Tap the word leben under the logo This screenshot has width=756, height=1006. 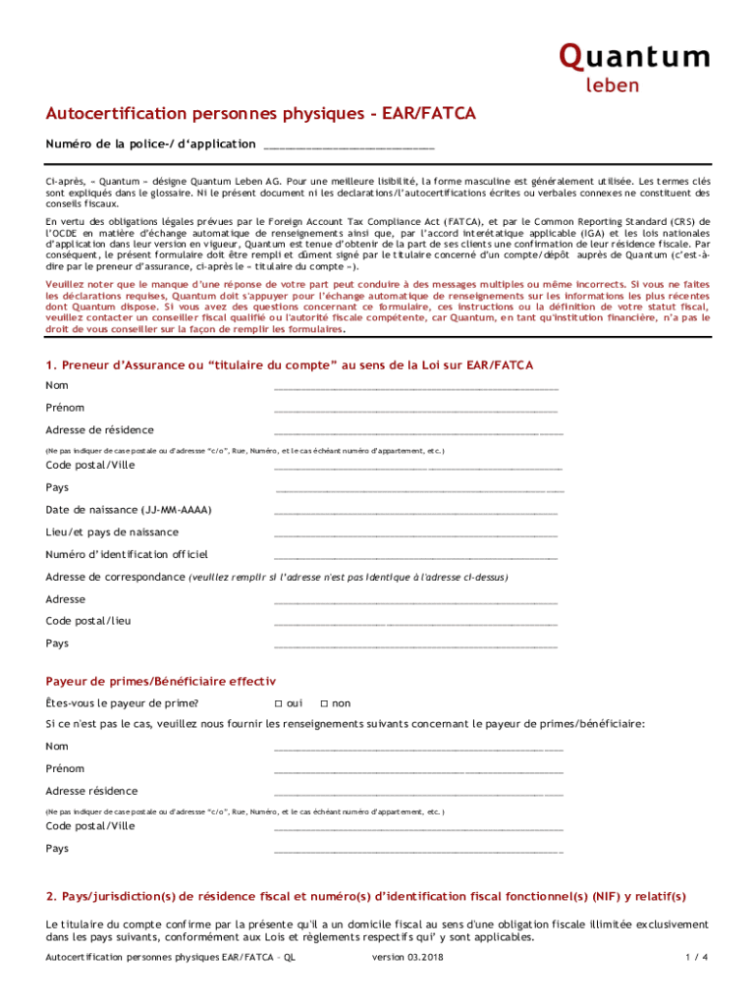click(612, 85)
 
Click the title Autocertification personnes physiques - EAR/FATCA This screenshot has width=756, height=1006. click(260, 115)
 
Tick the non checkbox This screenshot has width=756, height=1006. click(324, 703)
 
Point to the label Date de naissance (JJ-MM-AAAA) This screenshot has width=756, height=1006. click(129, 510)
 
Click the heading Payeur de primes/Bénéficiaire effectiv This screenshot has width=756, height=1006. click(161, 681)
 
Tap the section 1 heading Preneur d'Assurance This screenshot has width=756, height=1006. click(290, 338)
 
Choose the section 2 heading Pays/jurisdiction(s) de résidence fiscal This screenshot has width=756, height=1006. click(366, 896)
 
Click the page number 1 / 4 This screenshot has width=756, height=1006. click(697, 958)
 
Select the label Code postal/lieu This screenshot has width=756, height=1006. click(88, 621)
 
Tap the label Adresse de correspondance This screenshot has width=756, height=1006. click(115, 577)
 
